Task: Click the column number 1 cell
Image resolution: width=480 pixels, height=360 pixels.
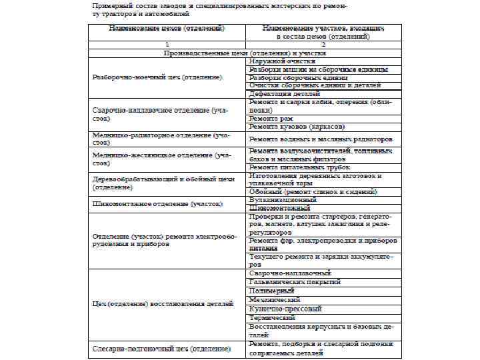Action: coord(167,43)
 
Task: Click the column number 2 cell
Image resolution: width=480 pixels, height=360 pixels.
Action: coord(323,43)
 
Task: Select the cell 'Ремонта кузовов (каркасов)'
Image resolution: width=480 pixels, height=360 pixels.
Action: coord(297,126)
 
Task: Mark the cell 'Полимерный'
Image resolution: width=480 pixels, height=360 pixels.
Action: coord(272,291)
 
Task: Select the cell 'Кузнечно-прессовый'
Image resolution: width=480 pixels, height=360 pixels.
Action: coord(285,309)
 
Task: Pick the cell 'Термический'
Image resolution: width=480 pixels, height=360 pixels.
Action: coord(272,318)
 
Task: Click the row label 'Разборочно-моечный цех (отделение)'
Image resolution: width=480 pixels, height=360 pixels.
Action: coord(157,77)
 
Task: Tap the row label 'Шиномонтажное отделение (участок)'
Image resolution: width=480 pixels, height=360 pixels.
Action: coord(157,203)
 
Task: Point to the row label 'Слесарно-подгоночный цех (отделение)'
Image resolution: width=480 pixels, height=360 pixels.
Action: coord(161,349)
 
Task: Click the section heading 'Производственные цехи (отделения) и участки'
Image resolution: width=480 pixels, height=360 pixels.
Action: coord(246,52)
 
